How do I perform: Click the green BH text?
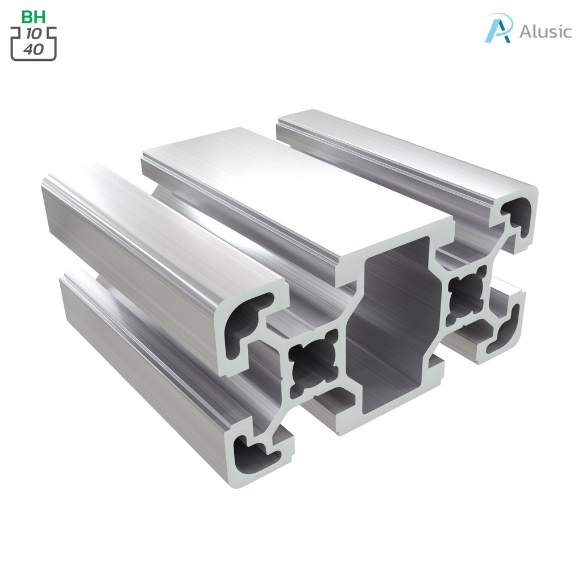[34, 16]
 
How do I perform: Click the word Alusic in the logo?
[545, 31]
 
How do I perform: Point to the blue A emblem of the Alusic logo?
[498, 28]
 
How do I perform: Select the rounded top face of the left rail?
[159, 227]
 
